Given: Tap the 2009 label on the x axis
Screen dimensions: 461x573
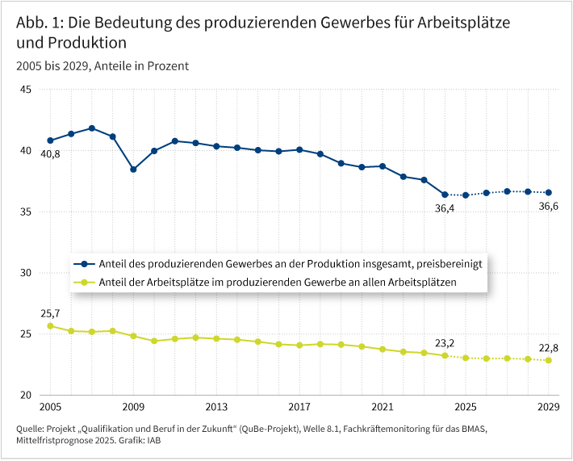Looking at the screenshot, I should tap(133, 408).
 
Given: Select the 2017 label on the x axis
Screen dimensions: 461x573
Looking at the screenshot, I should tap(299, 408).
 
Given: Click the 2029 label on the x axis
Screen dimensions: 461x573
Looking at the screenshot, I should tap(548, 408).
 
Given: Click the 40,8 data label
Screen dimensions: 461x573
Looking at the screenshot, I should tap(49, 153).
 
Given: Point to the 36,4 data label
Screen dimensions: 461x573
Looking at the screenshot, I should tap(445, 208).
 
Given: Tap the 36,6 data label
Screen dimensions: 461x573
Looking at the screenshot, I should tap(548, 207).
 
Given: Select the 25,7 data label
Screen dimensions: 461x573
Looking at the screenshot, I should tap(49, 312).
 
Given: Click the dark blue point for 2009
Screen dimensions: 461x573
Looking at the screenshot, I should tap(133, 170).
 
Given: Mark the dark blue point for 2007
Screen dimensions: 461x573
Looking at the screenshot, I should tap(92, 128).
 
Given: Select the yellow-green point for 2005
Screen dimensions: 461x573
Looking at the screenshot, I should tap(50, 326).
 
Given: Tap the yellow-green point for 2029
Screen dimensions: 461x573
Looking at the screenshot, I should tap(549, 360).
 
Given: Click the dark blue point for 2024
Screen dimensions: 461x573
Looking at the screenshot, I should tap(445, 195).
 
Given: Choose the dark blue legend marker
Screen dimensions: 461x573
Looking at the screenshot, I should tap(82, 264).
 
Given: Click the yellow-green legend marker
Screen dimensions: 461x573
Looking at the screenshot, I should tap(82, 283).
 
